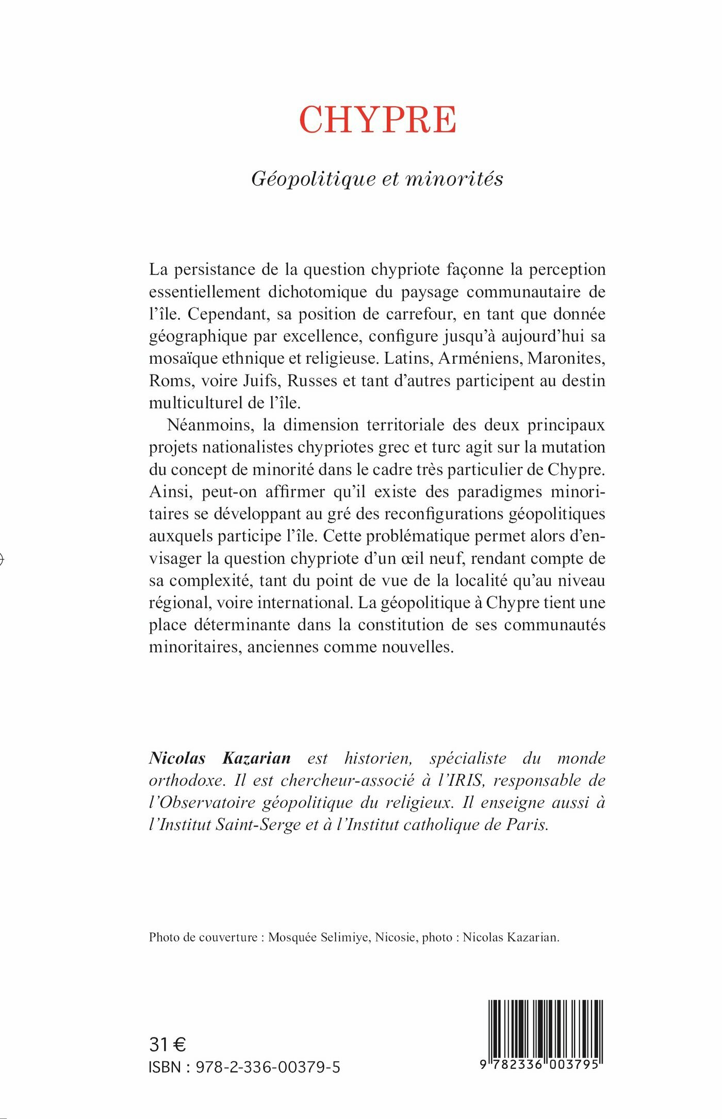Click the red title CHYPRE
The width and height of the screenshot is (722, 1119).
coord(378,120)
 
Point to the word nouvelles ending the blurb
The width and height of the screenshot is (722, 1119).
coord(417,647)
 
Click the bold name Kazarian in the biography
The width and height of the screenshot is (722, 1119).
coord(256,758)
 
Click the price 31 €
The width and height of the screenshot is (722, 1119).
coord(167,1045)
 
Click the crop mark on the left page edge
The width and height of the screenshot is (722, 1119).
coord(2,558)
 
